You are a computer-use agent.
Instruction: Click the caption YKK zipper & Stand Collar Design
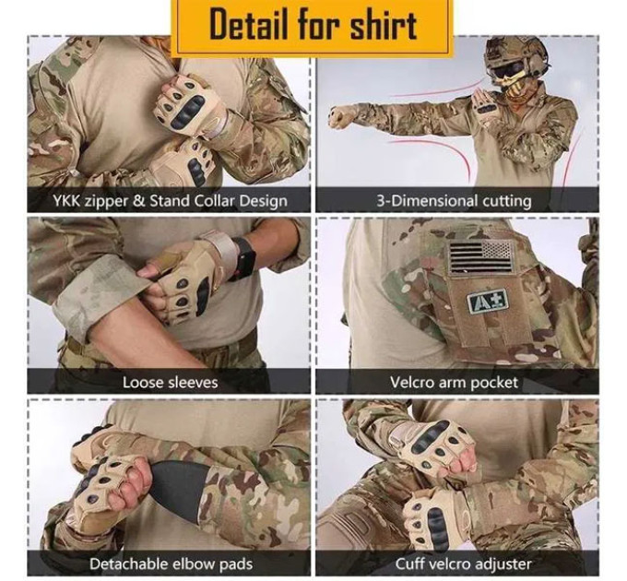tap(169, 200)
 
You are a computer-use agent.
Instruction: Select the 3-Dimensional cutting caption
tap(455, 200)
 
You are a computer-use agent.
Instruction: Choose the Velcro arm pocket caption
tap(455, 381)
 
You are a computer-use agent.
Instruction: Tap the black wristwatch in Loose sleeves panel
tap(243, 259)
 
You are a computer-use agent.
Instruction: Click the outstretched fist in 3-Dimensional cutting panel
tap(342, 117)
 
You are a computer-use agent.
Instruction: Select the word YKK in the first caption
tap(67, 200)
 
